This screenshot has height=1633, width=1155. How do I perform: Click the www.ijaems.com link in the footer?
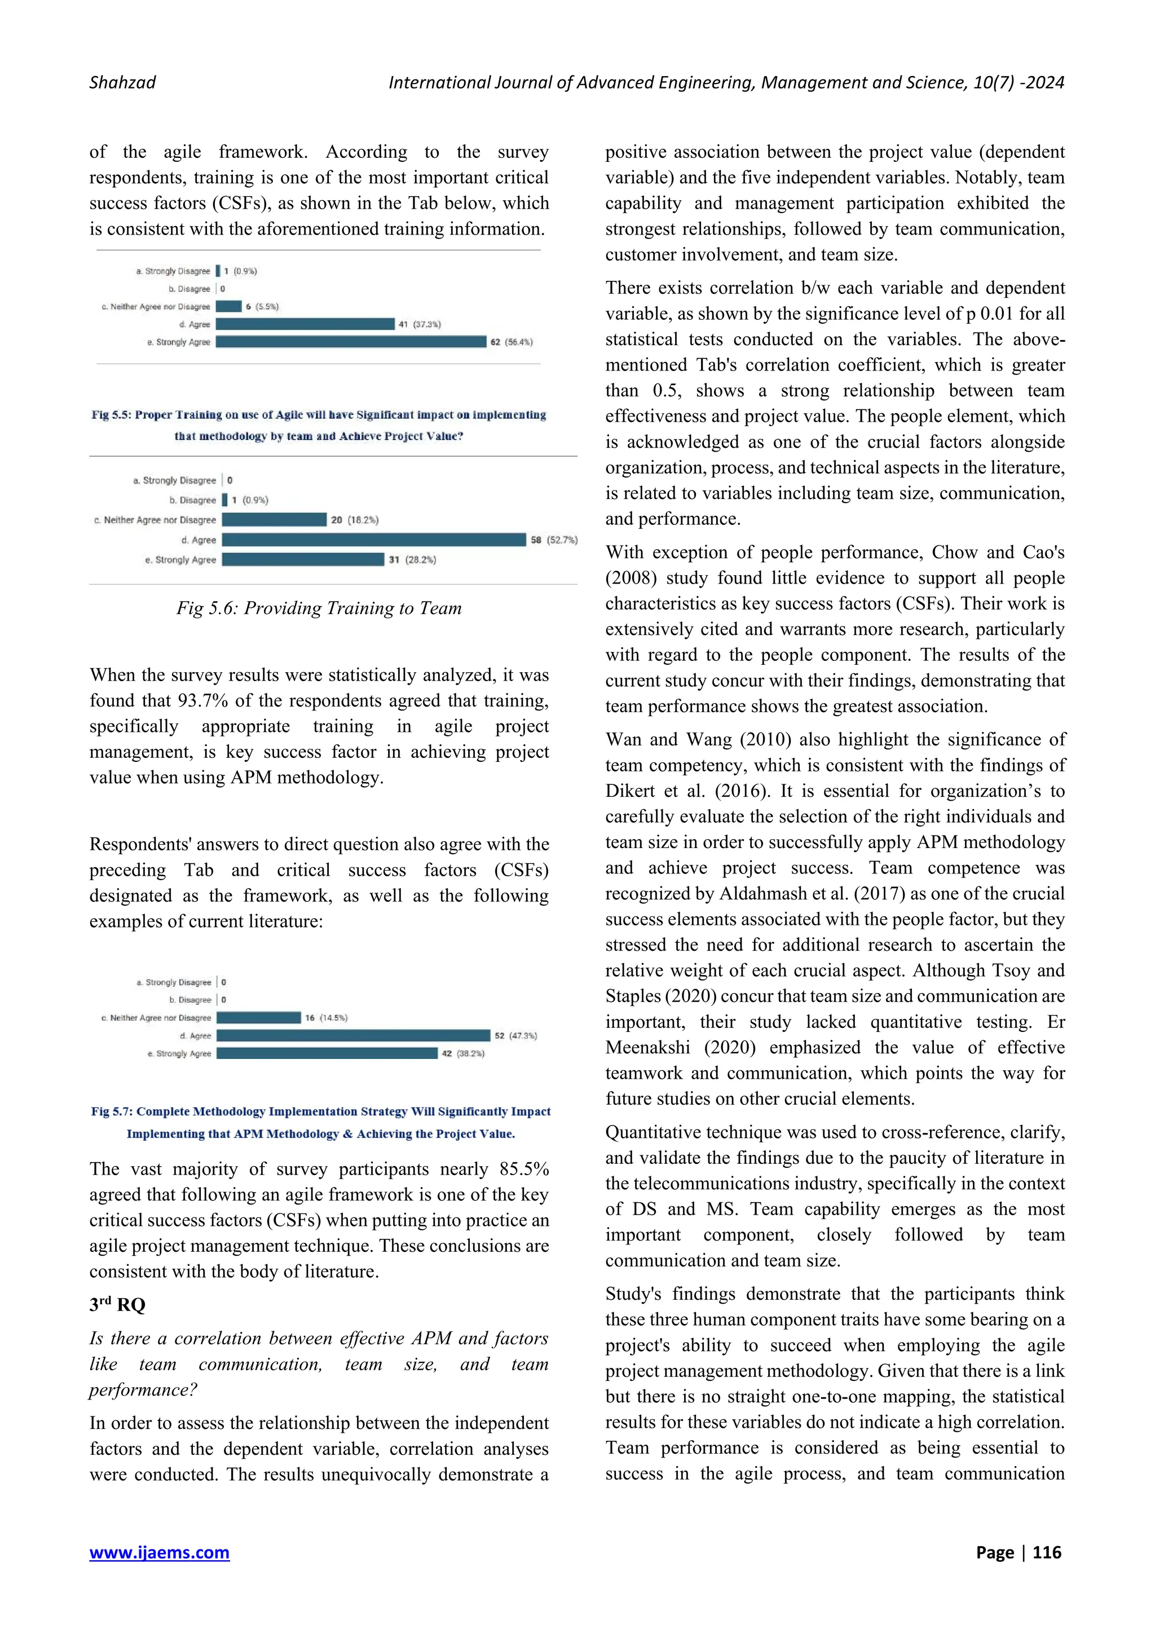(159, 1552)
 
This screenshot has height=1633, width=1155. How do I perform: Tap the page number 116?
(1046, 1552)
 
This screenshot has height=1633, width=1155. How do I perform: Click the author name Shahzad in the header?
(122, 82)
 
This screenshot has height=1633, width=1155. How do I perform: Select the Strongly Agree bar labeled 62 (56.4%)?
(351, 342)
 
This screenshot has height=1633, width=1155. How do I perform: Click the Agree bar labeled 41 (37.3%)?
(305, 324)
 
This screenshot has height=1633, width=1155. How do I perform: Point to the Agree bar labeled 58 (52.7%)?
(373, 540)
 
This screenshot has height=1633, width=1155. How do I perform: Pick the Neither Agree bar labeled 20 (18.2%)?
(274, 520)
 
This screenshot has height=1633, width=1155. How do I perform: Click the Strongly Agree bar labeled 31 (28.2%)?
(302, 560)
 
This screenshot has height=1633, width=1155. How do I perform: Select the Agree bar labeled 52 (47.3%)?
(354, 1035)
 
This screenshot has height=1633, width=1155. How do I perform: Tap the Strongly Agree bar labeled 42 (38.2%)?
(327, 1053)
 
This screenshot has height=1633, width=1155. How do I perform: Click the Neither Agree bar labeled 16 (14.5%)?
(259, 1018)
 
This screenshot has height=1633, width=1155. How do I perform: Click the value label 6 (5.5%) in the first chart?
(262, 307)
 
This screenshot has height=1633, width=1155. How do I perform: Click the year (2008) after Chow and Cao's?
(632, 578)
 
